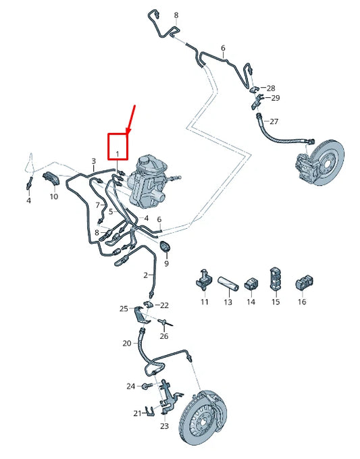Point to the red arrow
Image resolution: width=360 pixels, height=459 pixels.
132,119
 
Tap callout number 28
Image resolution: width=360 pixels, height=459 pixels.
271,88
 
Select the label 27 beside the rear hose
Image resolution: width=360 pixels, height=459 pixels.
274,122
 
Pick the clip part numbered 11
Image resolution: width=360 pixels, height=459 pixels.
204,278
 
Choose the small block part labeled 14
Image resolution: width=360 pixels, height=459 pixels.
251,280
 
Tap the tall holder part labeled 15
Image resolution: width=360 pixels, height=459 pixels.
275,277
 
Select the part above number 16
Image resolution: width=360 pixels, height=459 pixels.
302,280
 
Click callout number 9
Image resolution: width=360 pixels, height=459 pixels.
166,263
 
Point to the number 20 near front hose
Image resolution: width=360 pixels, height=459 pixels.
127,343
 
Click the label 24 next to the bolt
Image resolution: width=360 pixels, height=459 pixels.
130,386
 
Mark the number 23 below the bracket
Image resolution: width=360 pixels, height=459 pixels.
164,426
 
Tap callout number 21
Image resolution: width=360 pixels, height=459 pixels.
137,413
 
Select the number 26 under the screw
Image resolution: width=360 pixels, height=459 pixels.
164,336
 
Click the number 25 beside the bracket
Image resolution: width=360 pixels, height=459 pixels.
124,308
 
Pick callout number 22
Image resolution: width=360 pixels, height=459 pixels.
164,306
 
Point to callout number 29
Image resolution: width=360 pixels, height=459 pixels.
275,99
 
